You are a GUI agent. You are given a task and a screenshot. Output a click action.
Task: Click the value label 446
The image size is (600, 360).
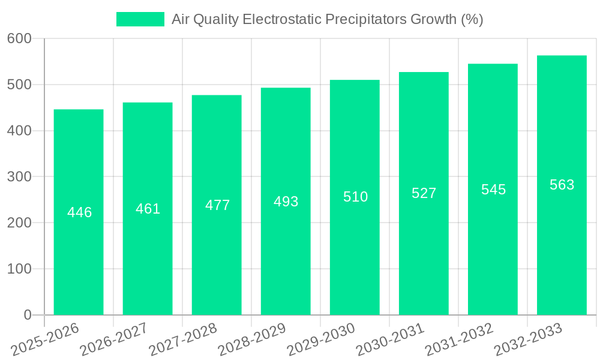click(79, 212)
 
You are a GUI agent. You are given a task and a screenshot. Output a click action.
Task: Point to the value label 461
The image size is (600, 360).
click(148, 209)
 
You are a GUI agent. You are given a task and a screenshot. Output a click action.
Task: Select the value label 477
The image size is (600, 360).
click(217, 205)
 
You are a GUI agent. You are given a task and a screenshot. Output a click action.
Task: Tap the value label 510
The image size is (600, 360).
click(355, 197)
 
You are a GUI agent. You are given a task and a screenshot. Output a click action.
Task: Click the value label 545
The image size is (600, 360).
click(493, 190)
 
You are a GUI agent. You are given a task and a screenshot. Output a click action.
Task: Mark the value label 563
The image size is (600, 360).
click(562, 185)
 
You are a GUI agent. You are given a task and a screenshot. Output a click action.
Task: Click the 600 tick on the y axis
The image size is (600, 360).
click(19, 38)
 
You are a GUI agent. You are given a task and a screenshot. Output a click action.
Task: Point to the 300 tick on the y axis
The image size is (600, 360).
click(19, 177)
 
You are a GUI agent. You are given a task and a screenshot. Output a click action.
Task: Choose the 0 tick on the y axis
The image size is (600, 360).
click(27, 315)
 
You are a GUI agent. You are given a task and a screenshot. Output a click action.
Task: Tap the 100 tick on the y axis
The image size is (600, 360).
click(19, 269)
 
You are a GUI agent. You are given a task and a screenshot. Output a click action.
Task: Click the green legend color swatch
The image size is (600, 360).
click(140, 19)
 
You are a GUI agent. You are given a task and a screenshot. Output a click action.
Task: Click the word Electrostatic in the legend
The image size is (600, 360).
click(281, 19)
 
